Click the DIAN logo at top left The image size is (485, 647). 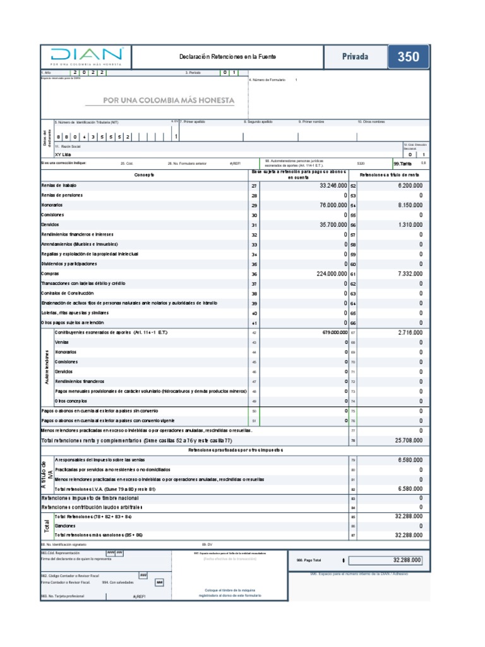point(88,56)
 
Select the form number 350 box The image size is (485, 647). point(408,57)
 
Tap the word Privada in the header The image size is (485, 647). point(355,57)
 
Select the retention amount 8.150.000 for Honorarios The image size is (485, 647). point(407,205)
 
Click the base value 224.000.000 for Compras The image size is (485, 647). point(323,274)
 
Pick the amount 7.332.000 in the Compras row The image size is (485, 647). point(407,274)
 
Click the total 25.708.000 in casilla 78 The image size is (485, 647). point(405,440)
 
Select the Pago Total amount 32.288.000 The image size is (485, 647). point(406,560)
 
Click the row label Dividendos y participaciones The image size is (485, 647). point(69,263)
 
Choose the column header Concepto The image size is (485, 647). point(144,174)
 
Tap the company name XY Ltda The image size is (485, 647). point(64,154)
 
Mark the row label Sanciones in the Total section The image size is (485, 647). point(65,526)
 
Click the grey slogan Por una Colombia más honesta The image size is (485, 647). point(169,100)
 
